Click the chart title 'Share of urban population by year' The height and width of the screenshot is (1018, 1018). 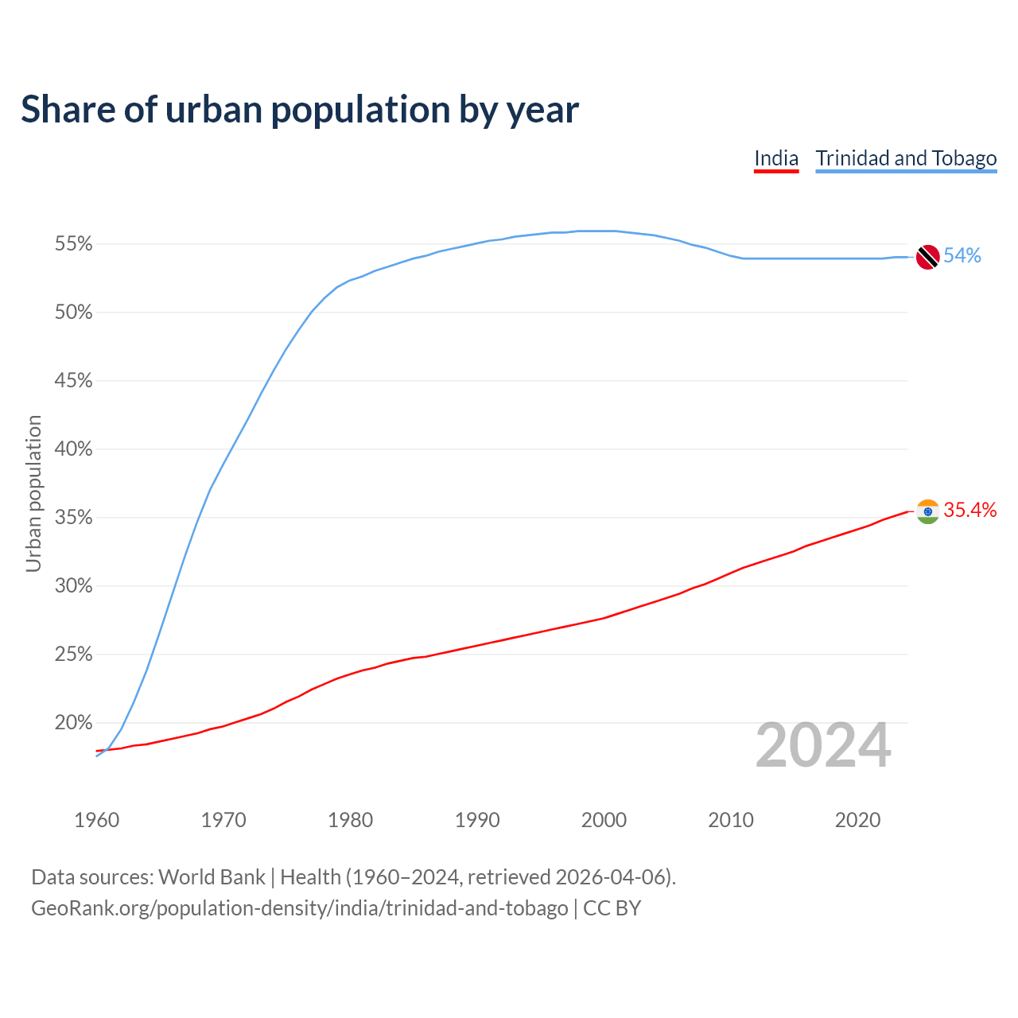[x=300, y=110]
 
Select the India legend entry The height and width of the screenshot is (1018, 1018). [x=775, y=158]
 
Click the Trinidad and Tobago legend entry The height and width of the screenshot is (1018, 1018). [x=906, y=158]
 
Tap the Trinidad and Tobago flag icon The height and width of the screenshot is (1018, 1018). [x=927, y=257]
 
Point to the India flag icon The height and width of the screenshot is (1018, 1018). [x=927, y=511]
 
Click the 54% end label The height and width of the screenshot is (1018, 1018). [x=962, y=256]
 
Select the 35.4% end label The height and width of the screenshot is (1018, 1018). [x=970, y=511]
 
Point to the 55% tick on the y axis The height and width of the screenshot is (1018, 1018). [x=73, y=244]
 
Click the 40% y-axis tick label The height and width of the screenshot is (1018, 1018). [x=73, y=449]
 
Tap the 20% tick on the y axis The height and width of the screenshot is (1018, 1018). [x=73, y=723]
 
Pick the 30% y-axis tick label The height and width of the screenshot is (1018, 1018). [x=73, y=586]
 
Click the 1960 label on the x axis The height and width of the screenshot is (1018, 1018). [x=97, y=820]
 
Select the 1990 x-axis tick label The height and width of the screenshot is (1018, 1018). [x=477, y=820]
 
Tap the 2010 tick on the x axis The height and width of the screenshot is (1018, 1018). [x=731, y=820]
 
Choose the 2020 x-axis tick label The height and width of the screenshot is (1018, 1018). [x=857, y=820]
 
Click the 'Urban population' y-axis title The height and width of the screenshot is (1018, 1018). [x=33, y=494]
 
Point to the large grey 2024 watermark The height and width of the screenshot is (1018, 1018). [x=823, y=746]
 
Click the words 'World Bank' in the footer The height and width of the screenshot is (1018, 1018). [x=212, y=877]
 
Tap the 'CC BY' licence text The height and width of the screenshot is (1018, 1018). [x=612, y=908]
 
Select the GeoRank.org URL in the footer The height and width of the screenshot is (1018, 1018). [x=299, y=908]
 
